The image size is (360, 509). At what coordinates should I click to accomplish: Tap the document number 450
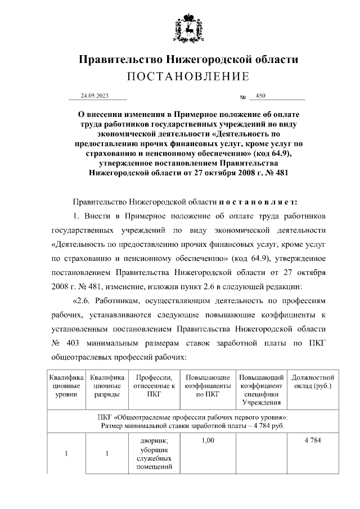pos(260,96)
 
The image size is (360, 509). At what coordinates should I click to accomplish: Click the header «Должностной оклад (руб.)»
pos(313,382)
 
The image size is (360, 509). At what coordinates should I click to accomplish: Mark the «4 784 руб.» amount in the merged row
pos(268,425)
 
